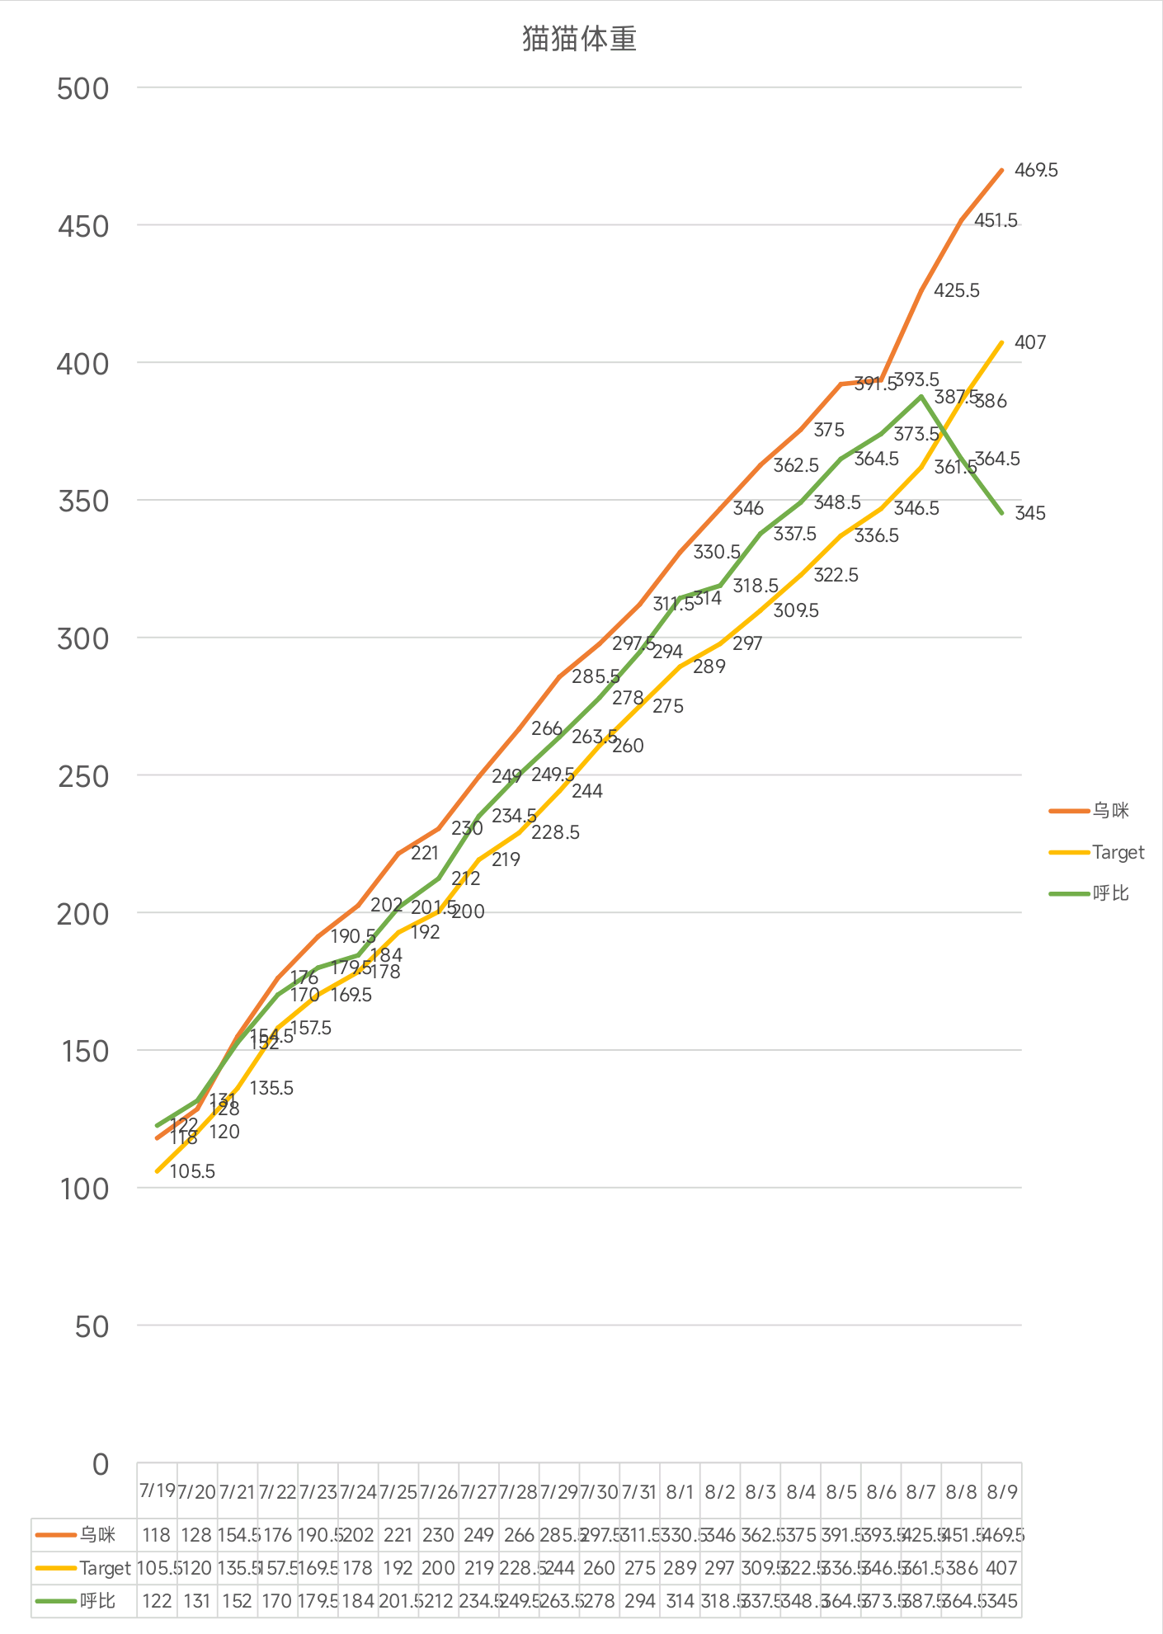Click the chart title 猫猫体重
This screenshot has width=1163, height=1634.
pos(579,40)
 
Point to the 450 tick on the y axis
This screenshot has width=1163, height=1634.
pos(83,227)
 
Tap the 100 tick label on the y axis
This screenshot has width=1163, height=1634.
pos(83,1189)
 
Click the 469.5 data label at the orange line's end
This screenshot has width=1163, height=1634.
pos(1036,171)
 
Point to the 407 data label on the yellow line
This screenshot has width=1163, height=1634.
pos(1030,342)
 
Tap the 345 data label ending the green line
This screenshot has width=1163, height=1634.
pos(1030,514)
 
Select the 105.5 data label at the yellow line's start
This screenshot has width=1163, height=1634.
pos(192,1172)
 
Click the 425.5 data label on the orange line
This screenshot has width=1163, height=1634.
pos(957,291)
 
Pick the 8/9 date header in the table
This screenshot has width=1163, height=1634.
pos(1002,1491)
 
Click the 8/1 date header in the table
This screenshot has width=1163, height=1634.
pos(680,1491)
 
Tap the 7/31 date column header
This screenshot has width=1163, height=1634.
pos(639,1491)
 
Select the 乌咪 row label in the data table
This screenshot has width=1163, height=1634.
pos(97,1535)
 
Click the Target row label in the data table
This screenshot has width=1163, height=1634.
pos(105,1568)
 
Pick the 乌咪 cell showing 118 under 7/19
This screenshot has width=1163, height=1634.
pos(156,1535)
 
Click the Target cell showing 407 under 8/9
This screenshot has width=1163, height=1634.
pos(1001,1568)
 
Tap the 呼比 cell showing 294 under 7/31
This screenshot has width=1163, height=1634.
pos(639,1601)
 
